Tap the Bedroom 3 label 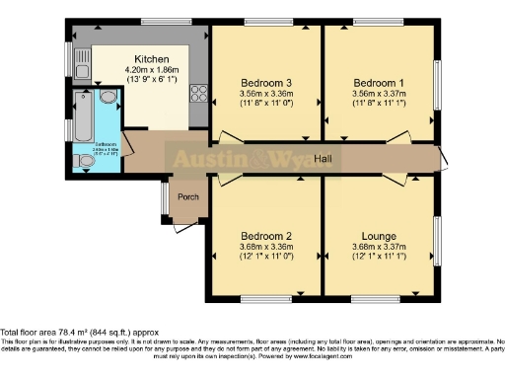[x=266, y=82]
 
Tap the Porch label [x=187, y=196]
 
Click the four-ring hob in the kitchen [x=197, y=94]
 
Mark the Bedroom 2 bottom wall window [x=265, y=298]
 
